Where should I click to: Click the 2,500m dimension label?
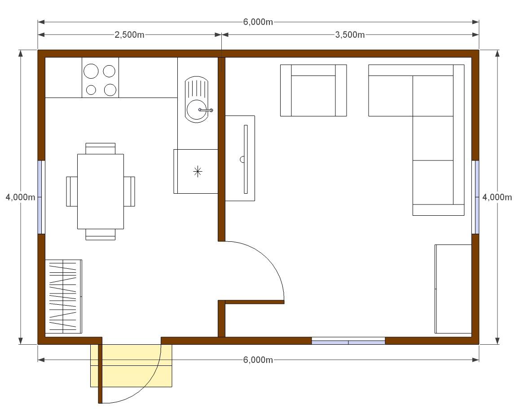point(129,35)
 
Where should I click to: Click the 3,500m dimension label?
point(350,35)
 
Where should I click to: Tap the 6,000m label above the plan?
point(258,22)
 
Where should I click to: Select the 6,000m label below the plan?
point(258,360)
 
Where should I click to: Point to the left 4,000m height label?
point(20,197)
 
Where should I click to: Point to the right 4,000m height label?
point(497,197)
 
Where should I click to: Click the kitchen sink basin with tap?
point(197,109)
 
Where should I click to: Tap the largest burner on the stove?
point(91,71)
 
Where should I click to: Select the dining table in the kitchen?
point(101,191)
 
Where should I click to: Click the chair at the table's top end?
point(100,148)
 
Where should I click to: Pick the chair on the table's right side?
point(129,191)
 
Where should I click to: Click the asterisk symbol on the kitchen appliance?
point(198,171)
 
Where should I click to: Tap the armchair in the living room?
point(313,90)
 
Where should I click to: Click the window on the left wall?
point(41,197)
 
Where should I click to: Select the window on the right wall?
point(475,197)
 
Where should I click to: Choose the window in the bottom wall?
point(348,341)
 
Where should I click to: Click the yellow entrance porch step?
point(131,365)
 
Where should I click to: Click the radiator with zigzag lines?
point(64,296)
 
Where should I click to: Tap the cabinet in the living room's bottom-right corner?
point(453,289)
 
